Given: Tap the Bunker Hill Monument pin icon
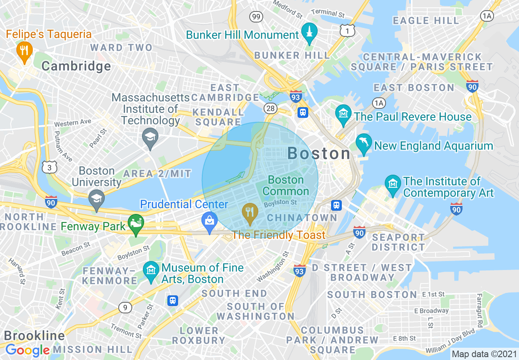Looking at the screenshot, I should click(x=309, y=33).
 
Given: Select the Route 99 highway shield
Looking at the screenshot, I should click(x=256, y=17).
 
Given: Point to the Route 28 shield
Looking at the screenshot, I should click(x=271, y=108).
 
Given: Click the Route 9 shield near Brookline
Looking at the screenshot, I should click(x=125, y=307).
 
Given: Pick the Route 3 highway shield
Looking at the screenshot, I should click(x=49, y=166).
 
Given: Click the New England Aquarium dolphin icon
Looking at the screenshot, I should click(x=364, y=143).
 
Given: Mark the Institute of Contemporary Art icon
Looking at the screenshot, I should click(x=393, y=185).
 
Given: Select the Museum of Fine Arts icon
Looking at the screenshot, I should click(x=151, y=271).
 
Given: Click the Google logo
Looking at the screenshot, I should click(x=27, y=350).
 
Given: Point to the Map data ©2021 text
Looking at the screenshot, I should click(x=483, y=354).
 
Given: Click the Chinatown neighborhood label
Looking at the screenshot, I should click(x=302, y=218).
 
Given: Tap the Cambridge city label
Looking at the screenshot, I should click(x=76, y=66).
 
